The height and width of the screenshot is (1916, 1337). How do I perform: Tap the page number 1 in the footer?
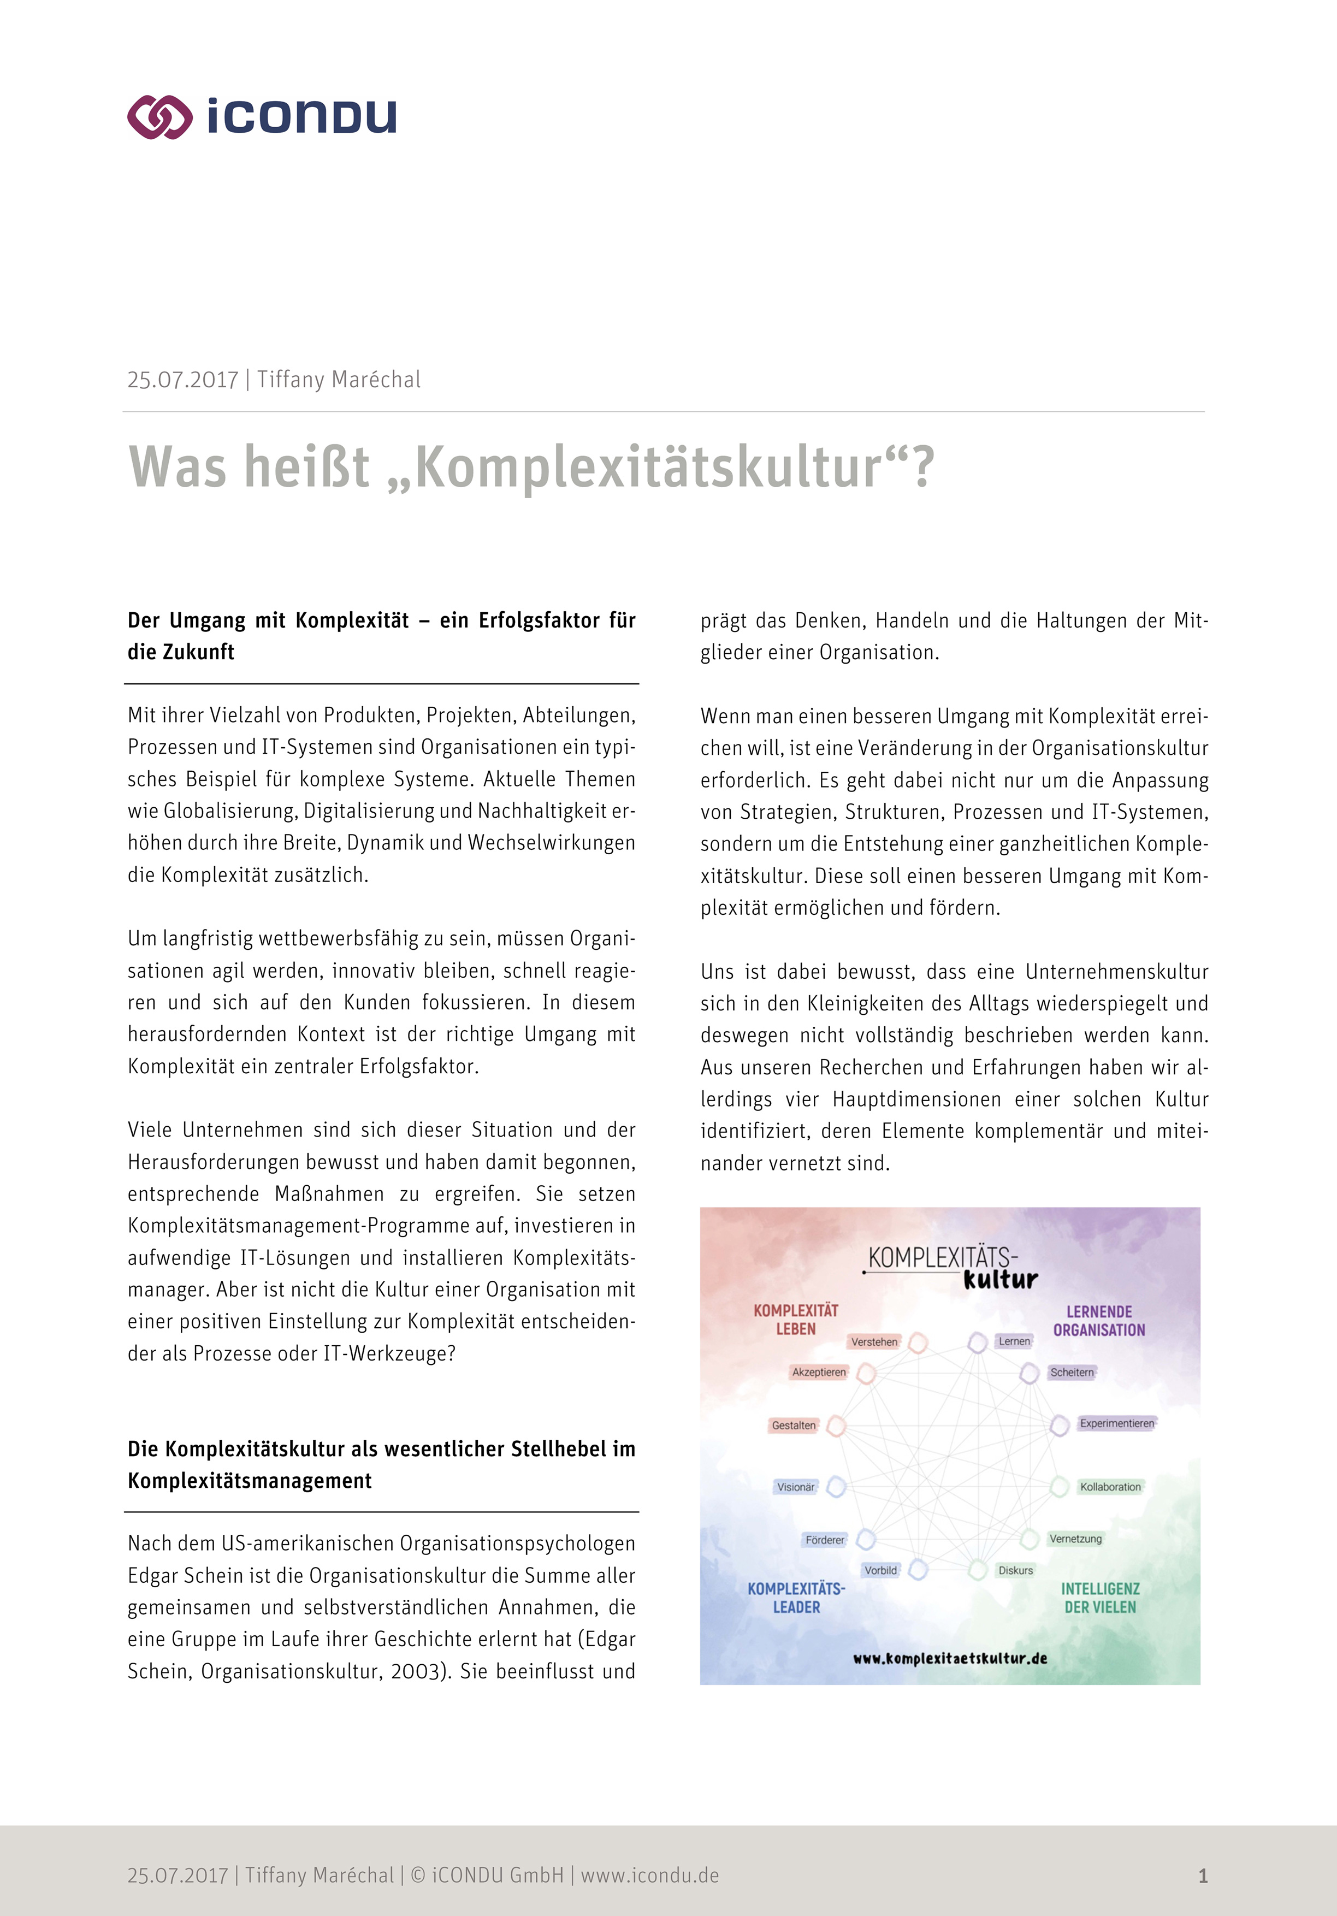(x=1203, y=1876)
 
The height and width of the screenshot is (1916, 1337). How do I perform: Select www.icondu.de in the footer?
(x=649, y=1875)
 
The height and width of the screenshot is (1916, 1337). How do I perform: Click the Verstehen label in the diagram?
(x=874, y=1342)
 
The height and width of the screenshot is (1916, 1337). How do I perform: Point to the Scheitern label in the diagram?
(x=1072, y=1372)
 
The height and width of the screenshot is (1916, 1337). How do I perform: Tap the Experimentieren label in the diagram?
(x=1117, y=1423)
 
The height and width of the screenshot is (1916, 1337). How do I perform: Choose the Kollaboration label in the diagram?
(x=1110, y=1486)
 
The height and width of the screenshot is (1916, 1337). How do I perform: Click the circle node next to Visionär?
(x=836, y=1486)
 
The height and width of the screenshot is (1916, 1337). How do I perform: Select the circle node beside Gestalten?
(x=836, y=1426)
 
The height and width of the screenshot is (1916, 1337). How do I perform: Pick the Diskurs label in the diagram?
(x=1016, y=1570)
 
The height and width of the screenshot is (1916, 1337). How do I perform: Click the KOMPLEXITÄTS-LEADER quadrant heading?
(x=796, y=1597)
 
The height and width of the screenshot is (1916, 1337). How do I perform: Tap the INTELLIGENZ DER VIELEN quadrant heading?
(x=1100, y=1597)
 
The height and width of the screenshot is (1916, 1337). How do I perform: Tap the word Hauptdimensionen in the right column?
(x=916, y=1099)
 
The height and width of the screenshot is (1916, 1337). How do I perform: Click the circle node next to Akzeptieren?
(x=866, y=1373)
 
